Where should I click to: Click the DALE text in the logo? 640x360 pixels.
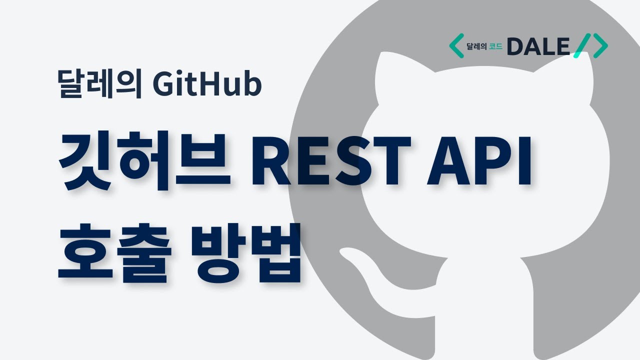(538, 46)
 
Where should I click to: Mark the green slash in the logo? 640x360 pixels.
(582, 45)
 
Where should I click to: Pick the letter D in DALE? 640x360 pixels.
(515, 46)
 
